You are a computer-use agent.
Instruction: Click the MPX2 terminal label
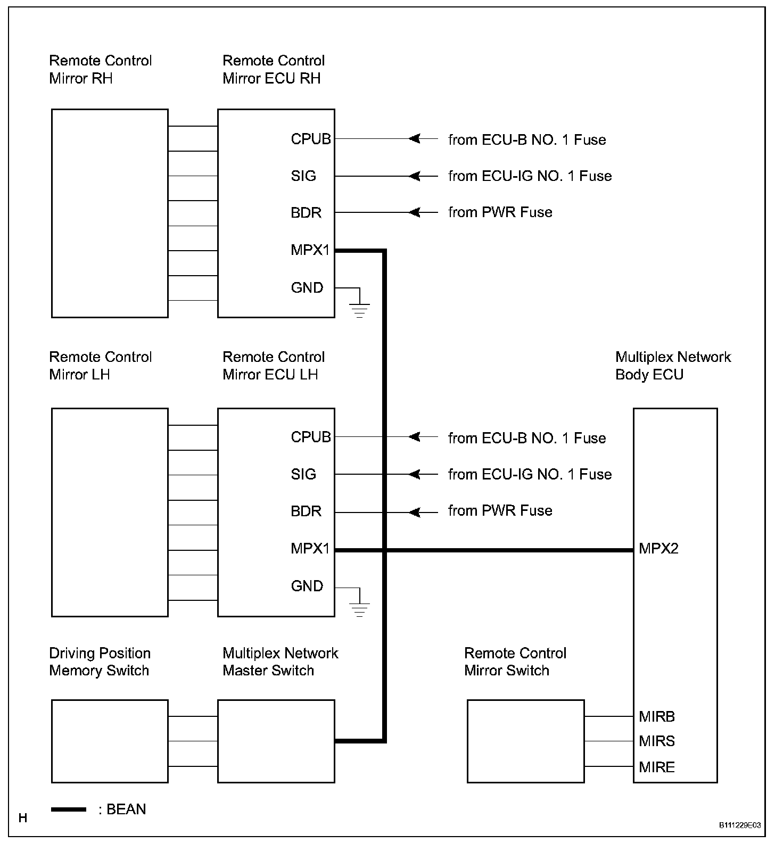658,549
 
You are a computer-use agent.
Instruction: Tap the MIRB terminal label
657,717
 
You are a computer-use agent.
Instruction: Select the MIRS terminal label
657,741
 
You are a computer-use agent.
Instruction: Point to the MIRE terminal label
657,767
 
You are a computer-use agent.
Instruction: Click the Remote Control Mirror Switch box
525,741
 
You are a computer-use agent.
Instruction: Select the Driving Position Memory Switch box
110,741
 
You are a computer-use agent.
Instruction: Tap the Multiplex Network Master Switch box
276,741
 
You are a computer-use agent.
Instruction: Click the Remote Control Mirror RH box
110,213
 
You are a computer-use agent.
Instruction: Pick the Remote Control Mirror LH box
110,513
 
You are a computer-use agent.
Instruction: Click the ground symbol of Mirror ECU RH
360,309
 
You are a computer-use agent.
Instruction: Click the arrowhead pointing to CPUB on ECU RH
414,139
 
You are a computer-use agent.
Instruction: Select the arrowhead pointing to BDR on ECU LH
414,513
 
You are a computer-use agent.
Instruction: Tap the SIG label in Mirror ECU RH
303,176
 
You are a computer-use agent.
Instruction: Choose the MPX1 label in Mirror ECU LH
310,549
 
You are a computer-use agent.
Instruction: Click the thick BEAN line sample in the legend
69,809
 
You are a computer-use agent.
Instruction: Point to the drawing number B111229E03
740,825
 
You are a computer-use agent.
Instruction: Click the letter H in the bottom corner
23,818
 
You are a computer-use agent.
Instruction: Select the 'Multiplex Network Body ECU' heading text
673,366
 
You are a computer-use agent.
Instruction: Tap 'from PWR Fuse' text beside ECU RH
500,212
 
